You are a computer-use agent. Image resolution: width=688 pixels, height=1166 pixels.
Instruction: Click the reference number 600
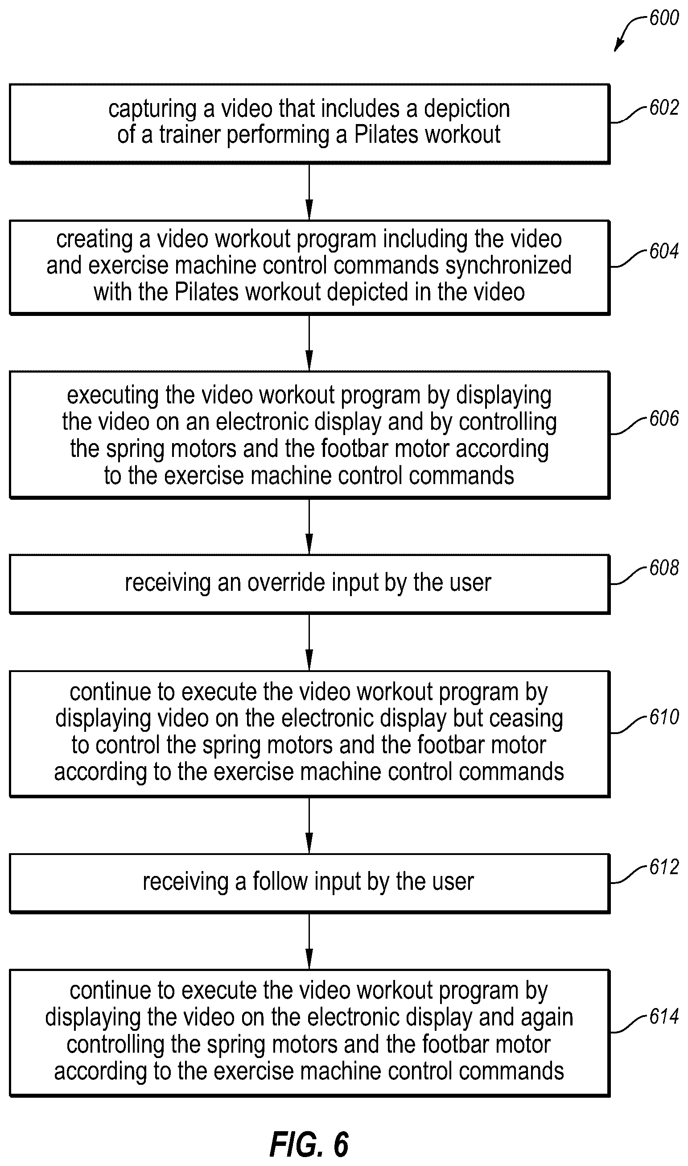point(664,18)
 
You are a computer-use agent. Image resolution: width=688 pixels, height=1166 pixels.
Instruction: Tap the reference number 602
point(664,108)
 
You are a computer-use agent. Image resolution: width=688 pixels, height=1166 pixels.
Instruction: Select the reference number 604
point(664,252)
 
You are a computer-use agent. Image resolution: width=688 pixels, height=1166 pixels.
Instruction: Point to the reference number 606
point(664,419)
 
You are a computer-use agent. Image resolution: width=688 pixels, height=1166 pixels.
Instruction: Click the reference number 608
point(664,568)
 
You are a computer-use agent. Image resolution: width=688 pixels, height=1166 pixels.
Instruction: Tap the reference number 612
point(664,867)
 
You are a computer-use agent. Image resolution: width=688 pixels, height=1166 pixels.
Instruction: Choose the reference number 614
point(664,1017)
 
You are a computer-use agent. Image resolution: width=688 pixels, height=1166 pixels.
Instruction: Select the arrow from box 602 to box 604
point(309,191)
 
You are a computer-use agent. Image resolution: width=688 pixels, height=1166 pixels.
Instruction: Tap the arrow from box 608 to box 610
point(309,642)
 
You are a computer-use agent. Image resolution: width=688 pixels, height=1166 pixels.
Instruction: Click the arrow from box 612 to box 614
point(309,942)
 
